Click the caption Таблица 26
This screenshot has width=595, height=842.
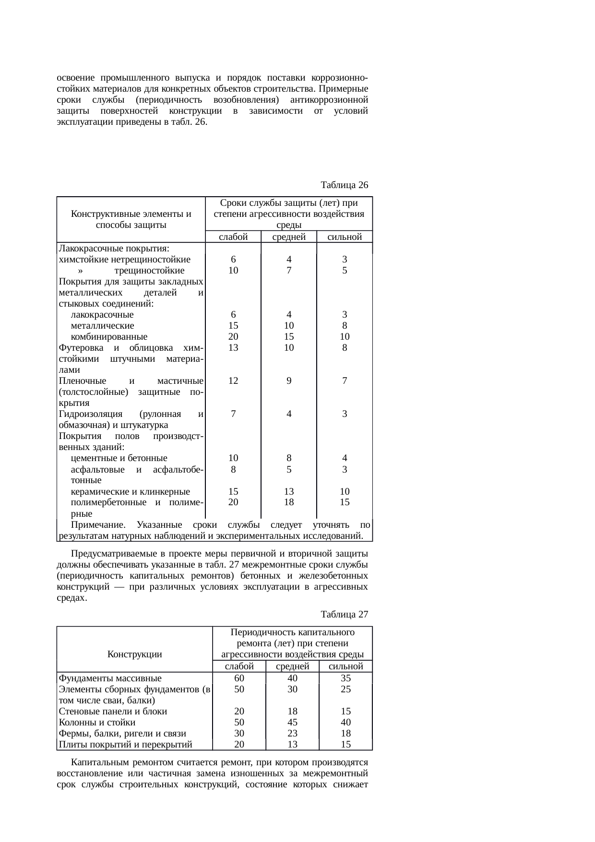[344, 185]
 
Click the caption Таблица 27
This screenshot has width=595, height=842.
[344, 614]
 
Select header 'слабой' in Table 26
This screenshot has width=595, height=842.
[233, 237]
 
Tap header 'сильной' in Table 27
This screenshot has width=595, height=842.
[345, 666]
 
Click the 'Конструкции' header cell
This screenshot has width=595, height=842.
[134, 654]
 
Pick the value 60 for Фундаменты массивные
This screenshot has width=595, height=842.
[239, 678]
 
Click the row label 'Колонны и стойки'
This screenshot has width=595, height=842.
[97, 722]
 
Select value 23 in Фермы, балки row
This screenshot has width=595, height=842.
[292, 733]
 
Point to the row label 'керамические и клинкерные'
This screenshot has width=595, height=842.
[130, 491]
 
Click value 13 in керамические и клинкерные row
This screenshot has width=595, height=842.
[288, 491]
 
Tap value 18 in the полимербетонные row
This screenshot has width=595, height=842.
[288, 502]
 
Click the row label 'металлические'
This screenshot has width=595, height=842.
[102, 326]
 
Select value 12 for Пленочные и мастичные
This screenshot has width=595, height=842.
[233, 381]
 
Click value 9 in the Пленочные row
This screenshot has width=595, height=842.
[288, 381]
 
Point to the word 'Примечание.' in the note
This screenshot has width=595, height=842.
[98, 524]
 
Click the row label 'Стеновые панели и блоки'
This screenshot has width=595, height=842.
[113, 711]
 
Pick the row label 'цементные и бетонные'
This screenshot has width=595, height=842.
[119, 458]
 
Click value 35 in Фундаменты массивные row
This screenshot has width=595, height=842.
[345, 678]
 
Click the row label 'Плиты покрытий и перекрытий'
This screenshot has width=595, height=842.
[125, 744]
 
